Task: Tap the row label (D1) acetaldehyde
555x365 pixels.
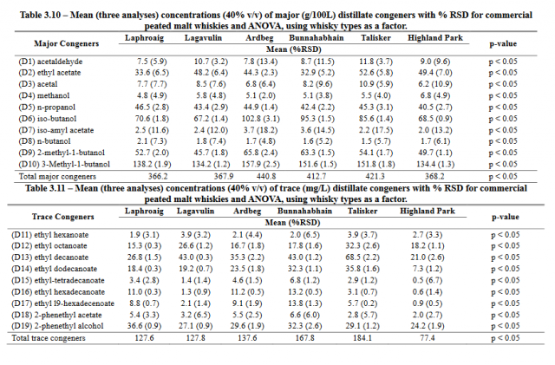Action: pyautogui.click(x=50, y=62)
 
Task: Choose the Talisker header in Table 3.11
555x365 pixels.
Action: pyautogui.click(x=362, y=211)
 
